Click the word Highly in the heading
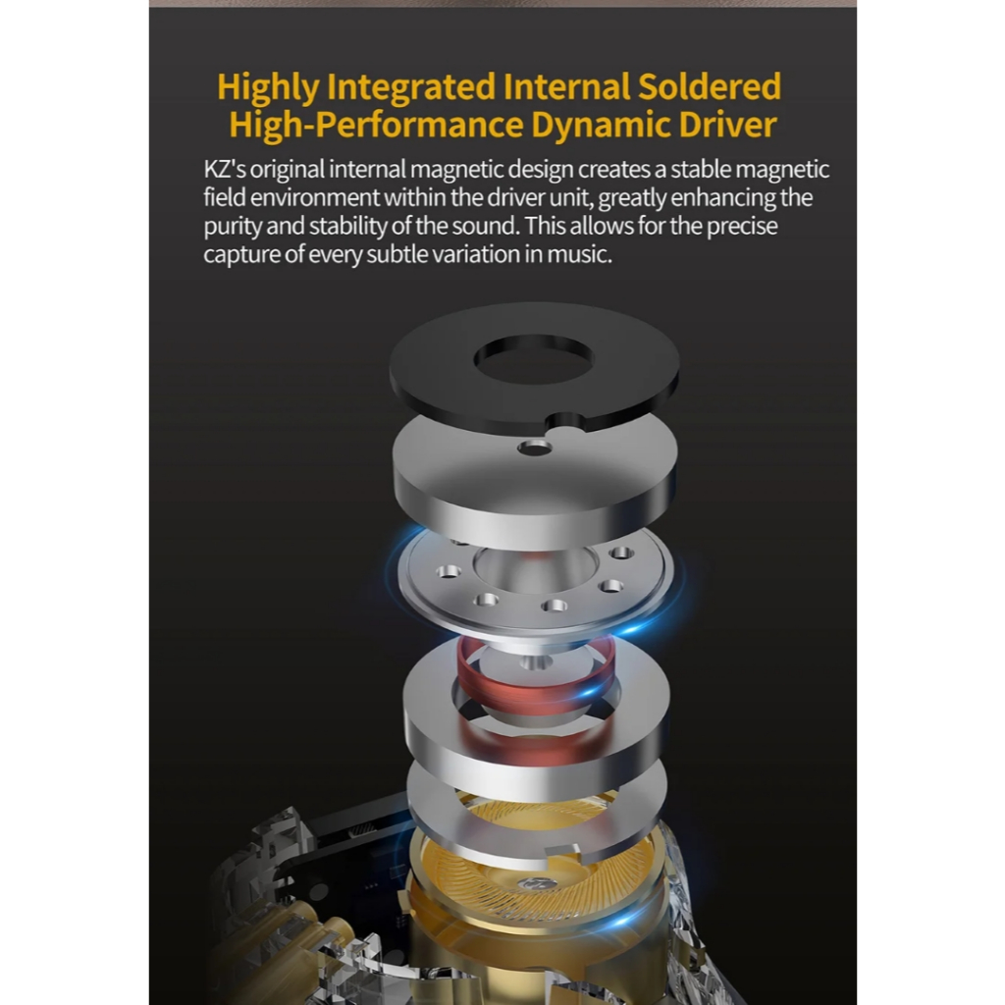point(268,87)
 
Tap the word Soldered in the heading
point(710,86)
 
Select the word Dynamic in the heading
point(600,125)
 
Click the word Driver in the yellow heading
point(727,124)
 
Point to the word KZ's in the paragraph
point(225,169)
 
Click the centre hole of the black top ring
point(533,359)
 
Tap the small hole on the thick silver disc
point(535,448)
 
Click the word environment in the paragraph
point(315,197)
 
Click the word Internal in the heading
point(566,86)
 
